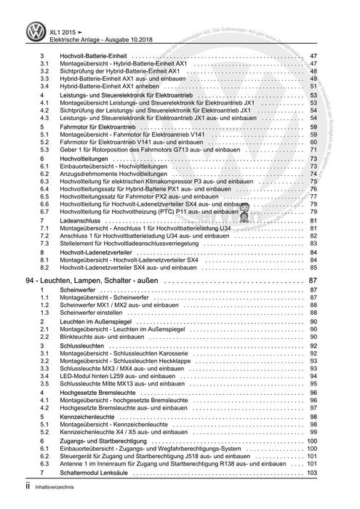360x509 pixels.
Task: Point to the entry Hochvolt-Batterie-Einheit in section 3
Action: coord(96,56)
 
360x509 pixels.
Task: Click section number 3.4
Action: coord(44,85)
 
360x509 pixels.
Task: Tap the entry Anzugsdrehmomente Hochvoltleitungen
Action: coord(118,175)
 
